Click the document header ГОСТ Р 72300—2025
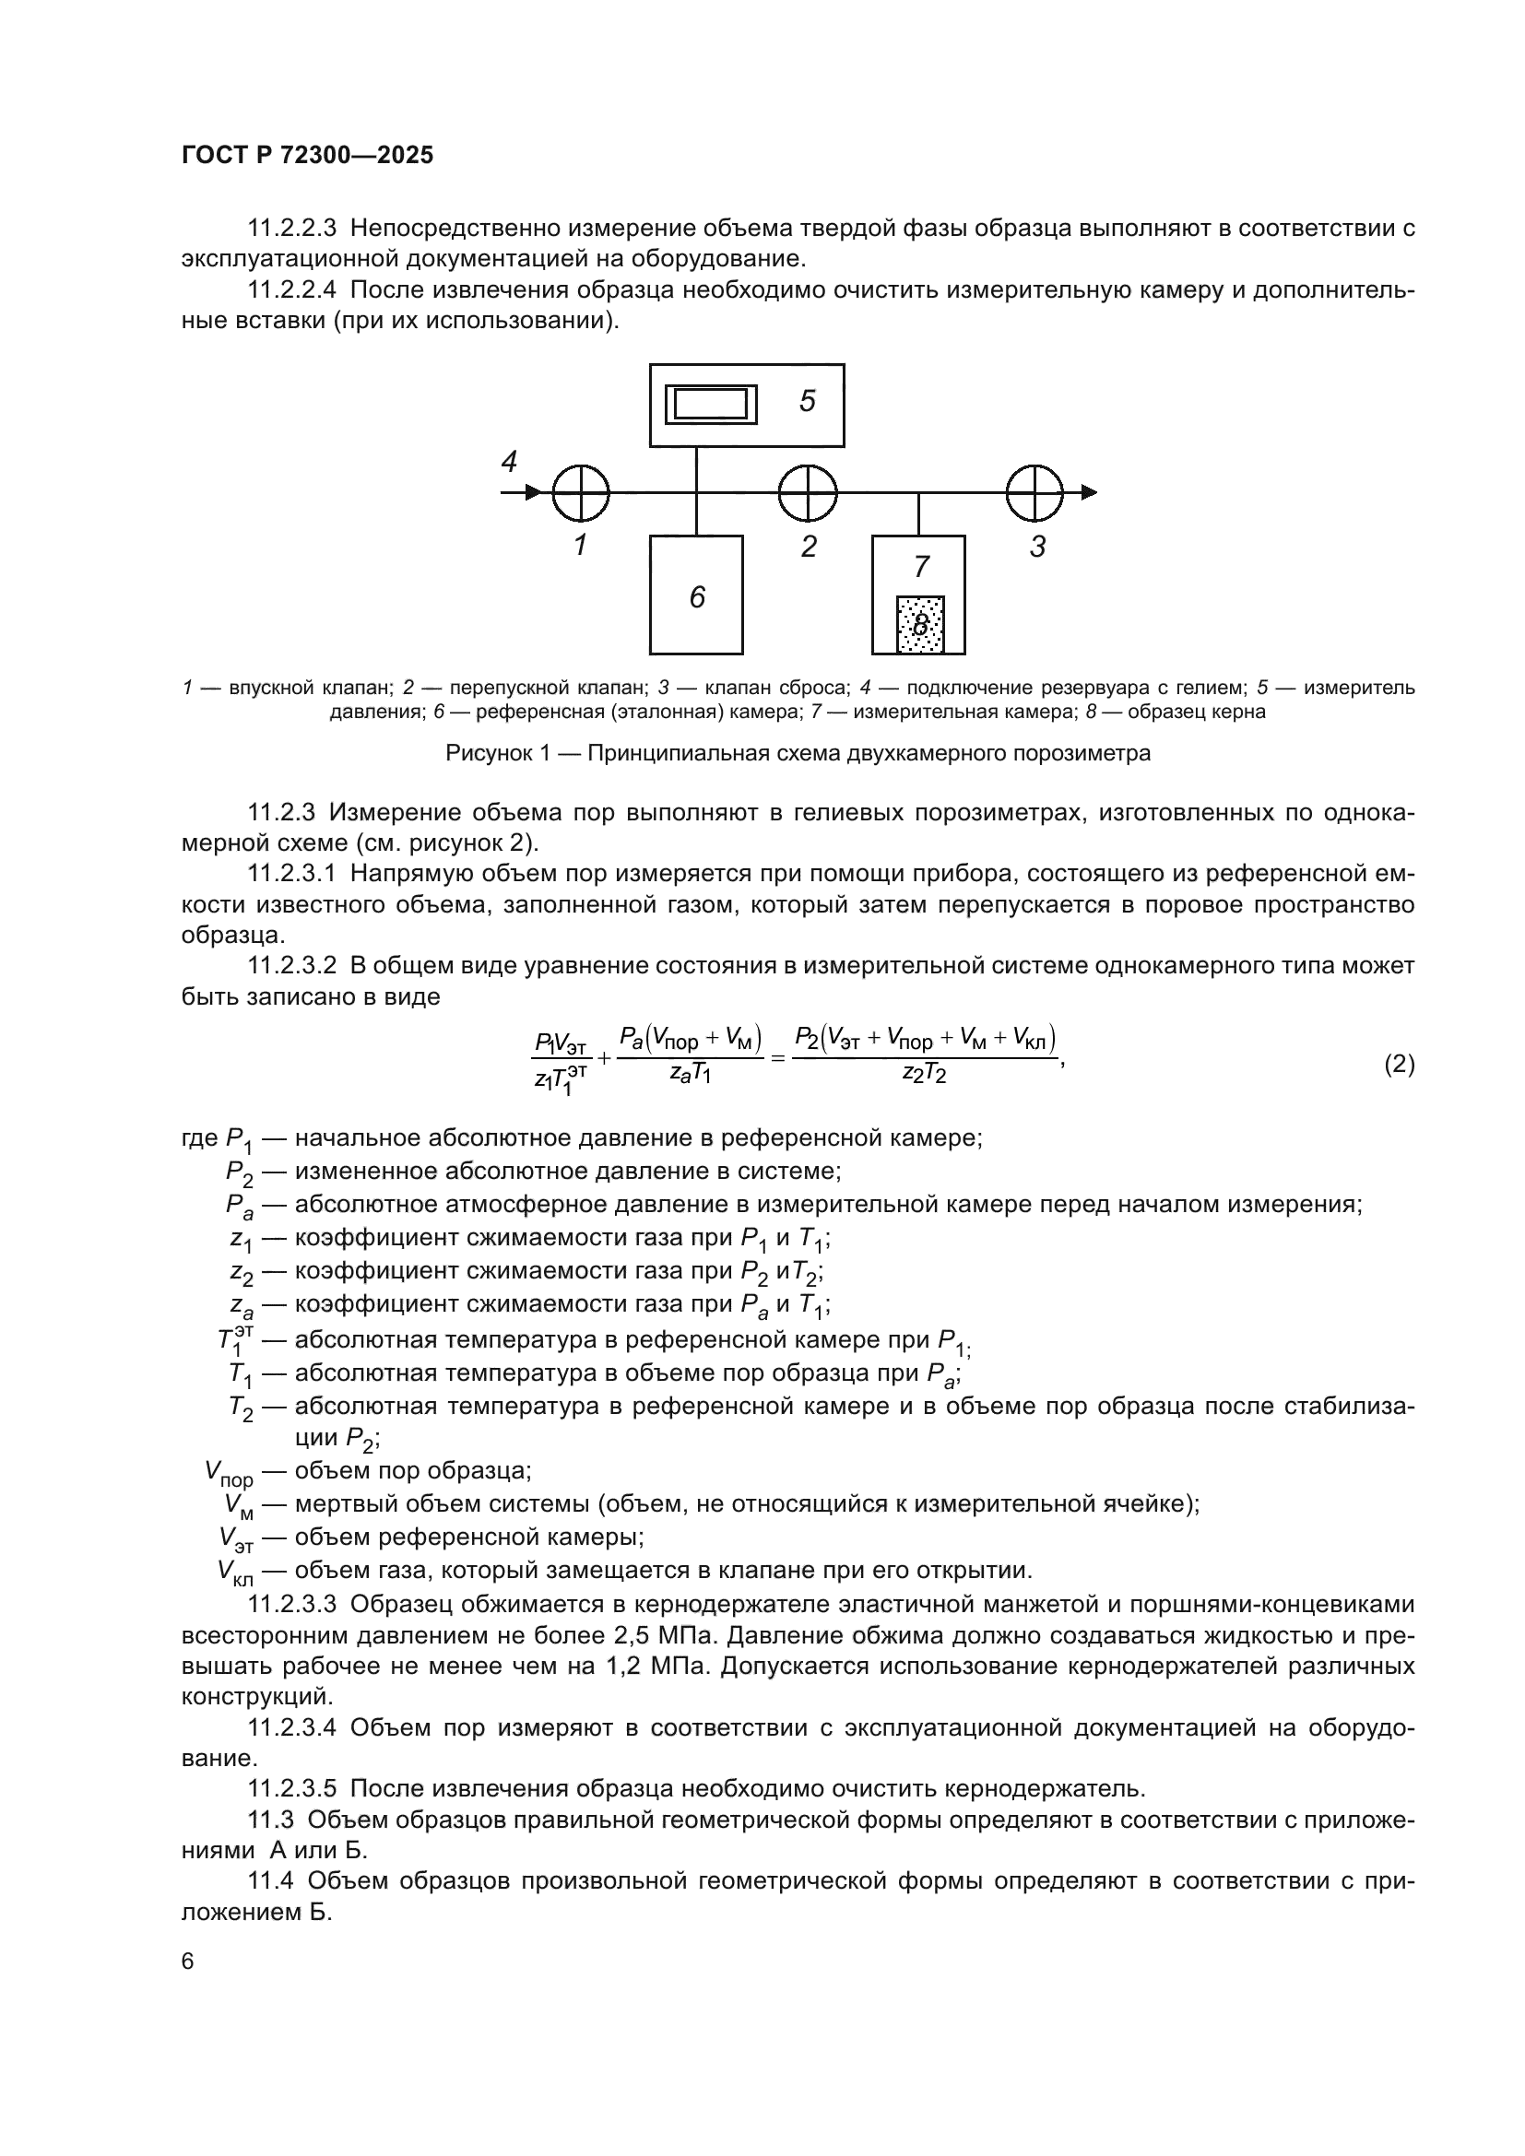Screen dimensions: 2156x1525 pyautogui.click(x=307, y=156)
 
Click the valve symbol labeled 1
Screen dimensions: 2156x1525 pyautogui.click(x=580, y=492)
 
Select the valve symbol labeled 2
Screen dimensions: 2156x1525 pyautogui.click(x=808, y=492)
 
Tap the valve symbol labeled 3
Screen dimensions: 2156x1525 pyautogui.click(x=1034, y=492)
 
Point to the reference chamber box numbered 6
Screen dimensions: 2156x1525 pyautogui.click(x=696, y=595)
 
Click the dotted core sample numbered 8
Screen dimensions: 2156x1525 pyautogui.click(x=920, y=623)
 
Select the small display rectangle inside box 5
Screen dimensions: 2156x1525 pyautogui.click(x=711, y=404)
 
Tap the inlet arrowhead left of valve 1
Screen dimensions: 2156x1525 pyautogui.click(x=533, y=492)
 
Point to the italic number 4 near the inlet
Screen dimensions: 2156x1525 pyautogui.click(x=509, y=461)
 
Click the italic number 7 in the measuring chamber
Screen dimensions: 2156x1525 pyautogui.click(x=921, y=566)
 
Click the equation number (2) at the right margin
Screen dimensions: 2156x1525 pyautogui.click(x=1400, y=1065)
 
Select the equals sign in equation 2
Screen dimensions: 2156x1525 pyautogui.click(x=778, y=1057)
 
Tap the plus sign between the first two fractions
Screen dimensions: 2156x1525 pyautogui.click(x=604, y=1057)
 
